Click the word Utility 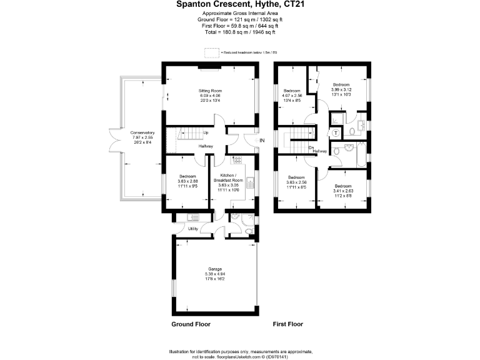tap(193, 229)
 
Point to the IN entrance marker tap(262, 141)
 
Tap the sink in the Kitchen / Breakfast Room tap(249, 183)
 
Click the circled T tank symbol tap(336, 133)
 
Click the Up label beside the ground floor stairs tap(206, 132)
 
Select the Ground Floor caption tap(191, 324)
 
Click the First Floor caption tap(288, 324)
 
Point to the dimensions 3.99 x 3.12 tap(341, 89)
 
